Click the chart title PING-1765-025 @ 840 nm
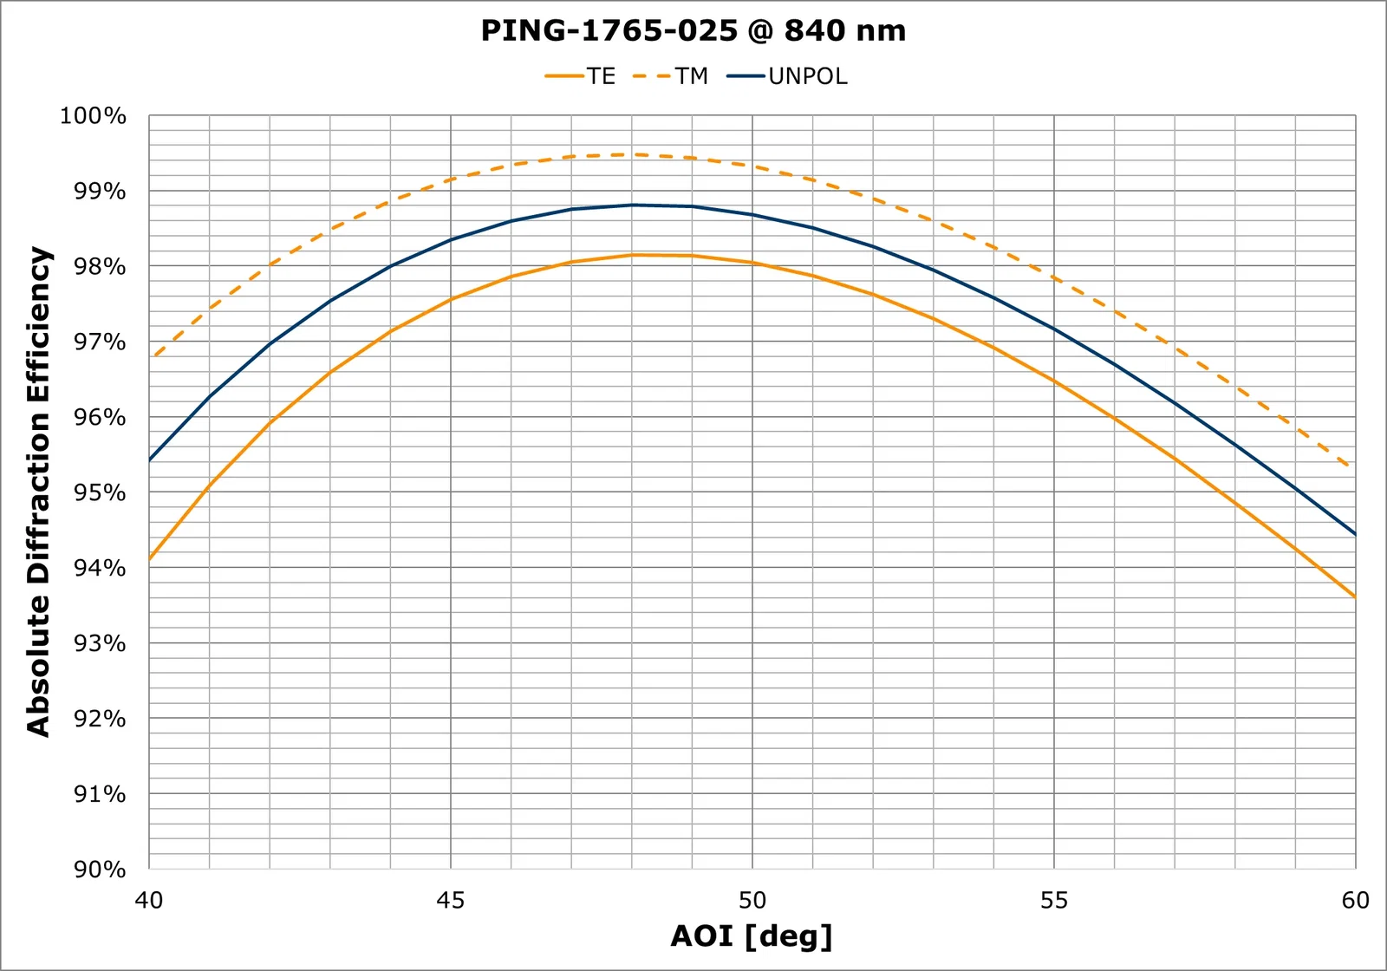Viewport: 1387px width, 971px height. (693, 30)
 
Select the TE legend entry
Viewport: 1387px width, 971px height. (581, 76)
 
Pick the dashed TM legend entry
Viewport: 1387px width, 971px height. (671, 76)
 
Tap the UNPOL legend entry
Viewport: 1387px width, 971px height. (787, 76)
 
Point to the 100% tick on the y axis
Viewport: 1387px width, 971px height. (93, 116)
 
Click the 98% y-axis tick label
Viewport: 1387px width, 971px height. (99, 267)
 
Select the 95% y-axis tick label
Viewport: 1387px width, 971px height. (99, 492)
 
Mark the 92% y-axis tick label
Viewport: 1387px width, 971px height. (99, 719)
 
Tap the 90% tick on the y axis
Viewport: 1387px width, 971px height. (99, 870)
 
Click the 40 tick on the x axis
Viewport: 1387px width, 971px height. (149, 901)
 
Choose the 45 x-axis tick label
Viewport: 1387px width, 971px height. (451, 901)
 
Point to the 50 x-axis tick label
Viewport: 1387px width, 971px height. (752, 901)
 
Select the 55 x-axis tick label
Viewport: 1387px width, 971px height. (1054, 901)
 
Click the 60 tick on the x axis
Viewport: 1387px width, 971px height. (1355, 901)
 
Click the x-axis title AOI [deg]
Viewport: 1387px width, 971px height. (752, 936)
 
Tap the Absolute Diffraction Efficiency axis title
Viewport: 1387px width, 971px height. (39, 492)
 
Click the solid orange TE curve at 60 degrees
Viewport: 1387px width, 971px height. (1354, 596)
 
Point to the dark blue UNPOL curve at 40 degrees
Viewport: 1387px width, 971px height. (150, 459)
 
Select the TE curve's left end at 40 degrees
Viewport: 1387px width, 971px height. (150, 559)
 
